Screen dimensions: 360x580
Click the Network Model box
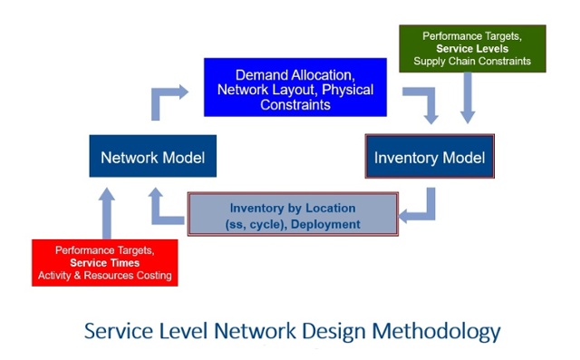152,157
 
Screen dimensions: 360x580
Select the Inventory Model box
430,158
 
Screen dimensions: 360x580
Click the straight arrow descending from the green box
468,98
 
